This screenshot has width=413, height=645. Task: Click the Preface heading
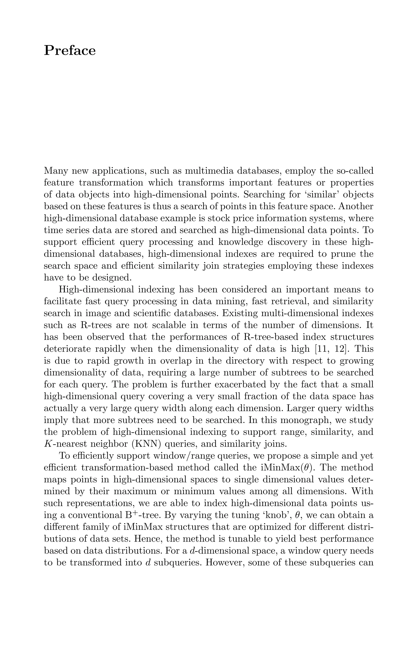(70, 51)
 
